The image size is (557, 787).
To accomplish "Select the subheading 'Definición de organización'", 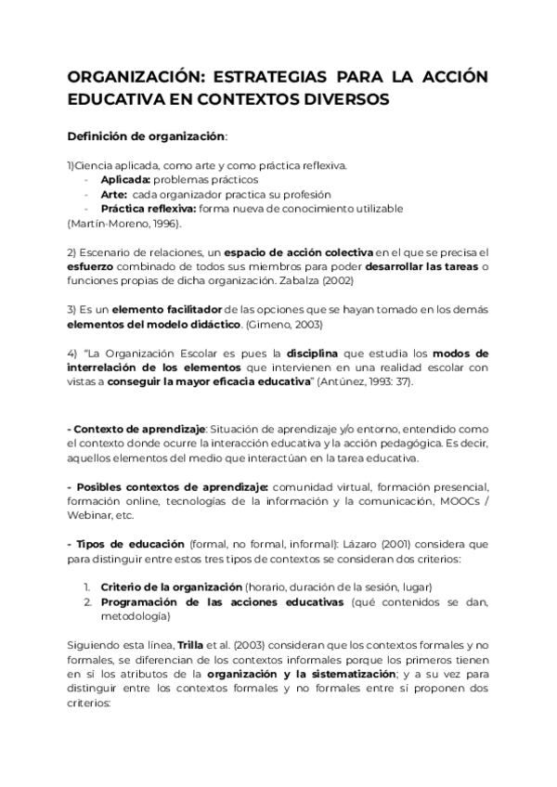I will tap(146, 136).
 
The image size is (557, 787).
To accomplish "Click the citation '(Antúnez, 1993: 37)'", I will tap(361, 382).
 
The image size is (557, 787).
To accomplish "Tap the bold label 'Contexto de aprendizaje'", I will tap(138, 430).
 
